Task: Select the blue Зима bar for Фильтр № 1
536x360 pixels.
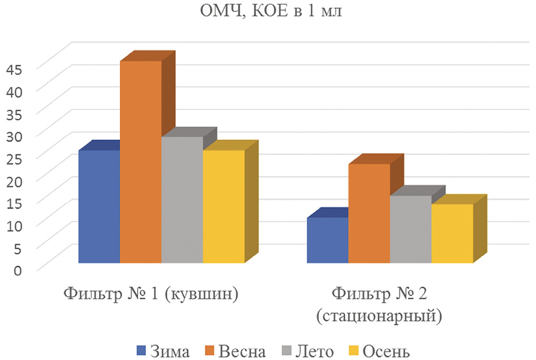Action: tap(99, 206)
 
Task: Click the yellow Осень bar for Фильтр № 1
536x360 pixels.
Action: tap(224, 206)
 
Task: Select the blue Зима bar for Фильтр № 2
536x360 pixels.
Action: tap(327, 240)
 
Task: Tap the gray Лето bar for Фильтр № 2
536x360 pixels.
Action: tap(410, 229)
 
